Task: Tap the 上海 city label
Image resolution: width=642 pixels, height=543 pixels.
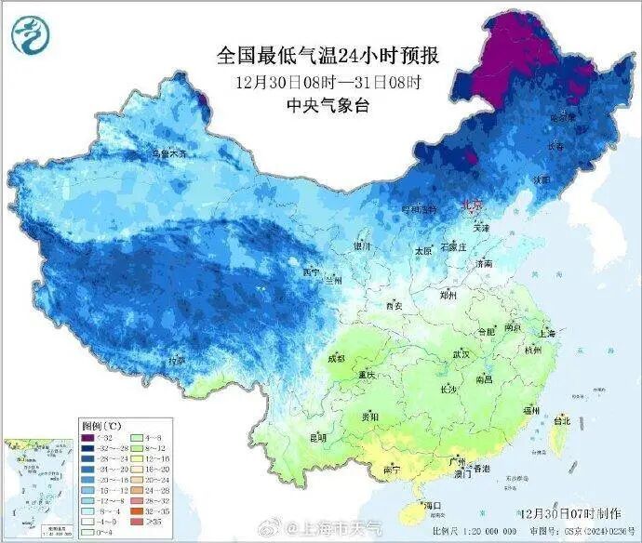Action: (x=545, y=334)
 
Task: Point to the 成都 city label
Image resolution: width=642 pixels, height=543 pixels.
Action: (x=336, y=359)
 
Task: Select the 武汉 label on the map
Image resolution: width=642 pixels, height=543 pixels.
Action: (x=460, y=354)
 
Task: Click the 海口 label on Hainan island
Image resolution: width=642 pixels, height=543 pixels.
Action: (x=432, y=506)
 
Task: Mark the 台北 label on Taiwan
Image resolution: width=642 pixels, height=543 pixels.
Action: (x=562, y=420)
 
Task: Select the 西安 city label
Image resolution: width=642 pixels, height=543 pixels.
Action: (x=394, y=305)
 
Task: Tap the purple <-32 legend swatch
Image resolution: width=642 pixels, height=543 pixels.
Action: (x=88, y=437)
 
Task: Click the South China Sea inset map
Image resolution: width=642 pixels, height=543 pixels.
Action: (x=36, y=488)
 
